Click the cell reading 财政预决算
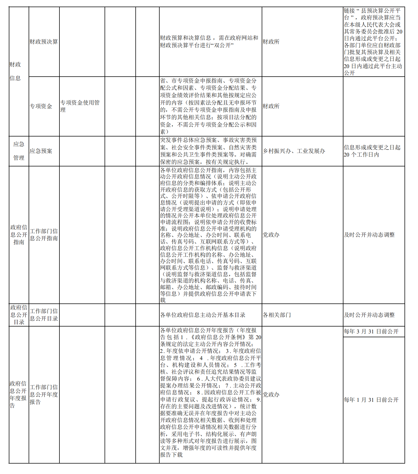pos(44,42)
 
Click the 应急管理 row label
pos(19,151)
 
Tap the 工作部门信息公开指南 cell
pos(44,235)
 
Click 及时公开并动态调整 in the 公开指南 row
pos(369,235)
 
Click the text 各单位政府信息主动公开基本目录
pos(203,315)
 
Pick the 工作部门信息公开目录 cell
pos(44,315)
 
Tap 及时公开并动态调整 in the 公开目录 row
pos(369,315)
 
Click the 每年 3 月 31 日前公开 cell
pos(371,331)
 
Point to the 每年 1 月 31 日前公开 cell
pos(371,400)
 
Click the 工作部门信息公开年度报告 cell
pos(44,395)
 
